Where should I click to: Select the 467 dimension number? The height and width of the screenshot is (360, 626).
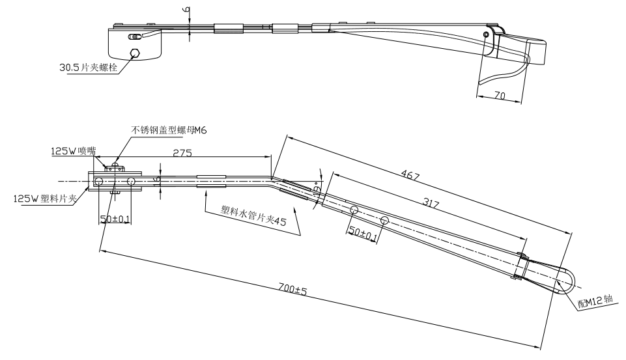coord(411,176)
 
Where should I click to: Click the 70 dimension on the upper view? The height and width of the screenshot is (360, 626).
coord(500,96)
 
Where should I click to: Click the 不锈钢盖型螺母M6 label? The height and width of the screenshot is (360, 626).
coord(169,130)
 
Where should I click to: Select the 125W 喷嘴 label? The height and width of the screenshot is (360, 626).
coord(73,151)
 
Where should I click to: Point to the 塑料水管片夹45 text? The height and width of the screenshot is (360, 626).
coord(254,217)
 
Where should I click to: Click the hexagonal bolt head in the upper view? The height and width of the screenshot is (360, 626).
coord(135,53)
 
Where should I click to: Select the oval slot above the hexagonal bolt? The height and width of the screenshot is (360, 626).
coord(134,37)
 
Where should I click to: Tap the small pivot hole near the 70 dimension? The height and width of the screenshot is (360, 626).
coord(486,35)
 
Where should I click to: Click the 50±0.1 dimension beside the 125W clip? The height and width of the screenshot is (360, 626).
coord(115,219)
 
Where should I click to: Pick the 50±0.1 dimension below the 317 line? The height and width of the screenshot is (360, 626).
coord(363,233)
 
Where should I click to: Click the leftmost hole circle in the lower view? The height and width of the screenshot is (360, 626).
coord(98,181)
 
